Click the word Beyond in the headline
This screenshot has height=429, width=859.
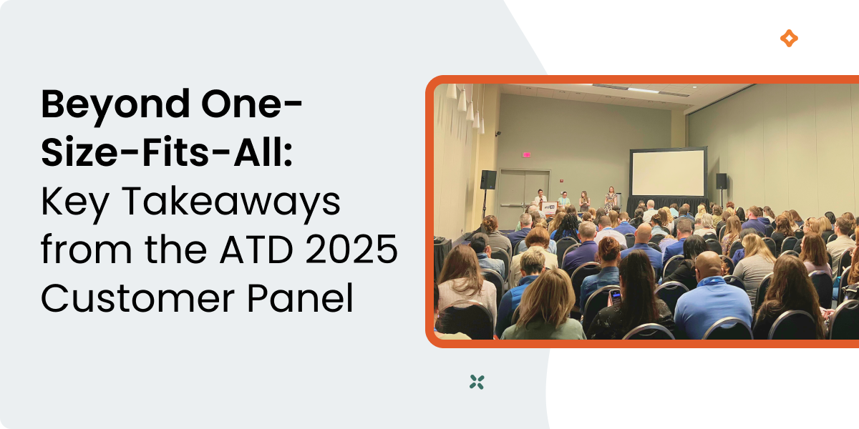coord(115,105)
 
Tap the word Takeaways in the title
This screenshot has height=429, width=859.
coord(231,201)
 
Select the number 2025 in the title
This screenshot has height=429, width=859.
coord(351,250)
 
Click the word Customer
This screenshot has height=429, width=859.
coord(138,298)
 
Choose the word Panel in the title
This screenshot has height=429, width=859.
coord(300,297)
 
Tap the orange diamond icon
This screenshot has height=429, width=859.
coord(789,39)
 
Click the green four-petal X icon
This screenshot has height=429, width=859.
coord(477,382)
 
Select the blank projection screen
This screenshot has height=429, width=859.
coord(668,173)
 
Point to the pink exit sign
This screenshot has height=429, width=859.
coord(527,154)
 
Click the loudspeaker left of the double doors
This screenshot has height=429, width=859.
coord(488,179)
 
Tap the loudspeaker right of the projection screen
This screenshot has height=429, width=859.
coord(722,181)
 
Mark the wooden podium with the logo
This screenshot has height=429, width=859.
coord(549,208)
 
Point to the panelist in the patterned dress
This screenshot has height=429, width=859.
coord(610,199)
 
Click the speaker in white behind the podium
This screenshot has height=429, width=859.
coord(540,197)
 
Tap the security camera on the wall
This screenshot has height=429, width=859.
coord(498,133)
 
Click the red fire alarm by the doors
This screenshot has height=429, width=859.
coord(560,181)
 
